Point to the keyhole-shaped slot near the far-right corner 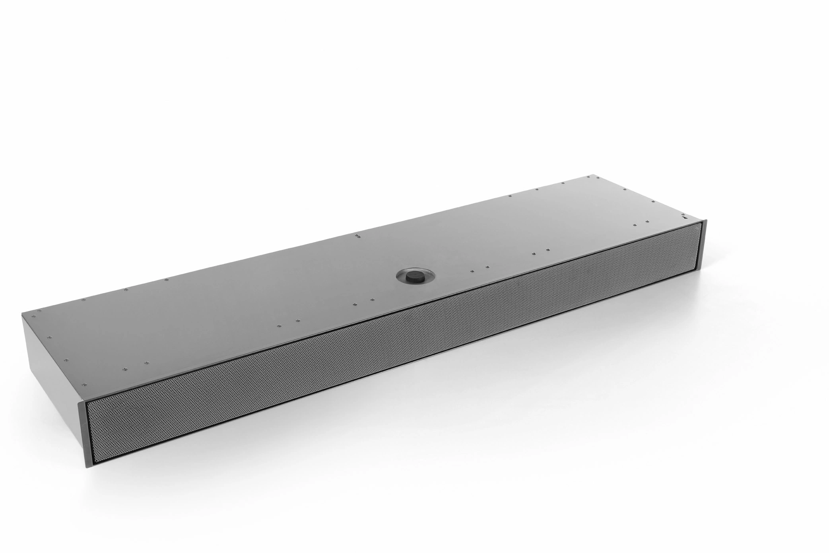685,217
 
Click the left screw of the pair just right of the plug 472,271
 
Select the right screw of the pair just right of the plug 485,267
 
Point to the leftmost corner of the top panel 22,315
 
